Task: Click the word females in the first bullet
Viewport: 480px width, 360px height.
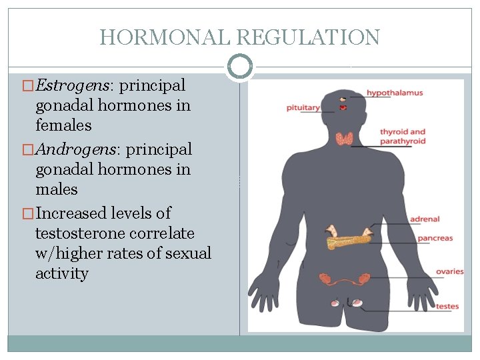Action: pos(63,125)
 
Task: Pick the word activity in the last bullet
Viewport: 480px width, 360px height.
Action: pos(62,273)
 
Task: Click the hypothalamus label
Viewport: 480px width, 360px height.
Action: pos(395,93)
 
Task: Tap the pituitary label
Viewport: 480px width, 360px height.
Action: pos(304,107)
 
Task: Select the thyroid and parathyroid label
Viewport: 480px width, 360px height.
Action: pos(403,136)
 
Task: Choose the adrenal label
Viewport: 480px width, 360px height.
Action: pos(425,219)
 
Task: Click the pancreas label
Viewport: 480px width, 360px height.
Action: pos(435,238)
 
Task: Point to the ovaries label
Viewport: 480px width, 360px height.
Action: pos(450,271)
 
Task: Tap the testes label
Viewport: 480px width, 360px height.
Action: pos(447,307)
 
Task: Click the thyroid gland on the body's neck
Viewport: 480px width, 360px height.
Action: pos(344,139)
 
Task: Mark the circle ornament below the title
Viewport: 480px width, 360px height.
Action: pos(239,66)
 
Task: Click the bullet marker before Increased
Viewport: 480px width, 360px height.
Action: pos(29,214)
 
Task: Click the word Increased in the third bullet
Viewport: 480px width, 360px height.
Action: pos(69,213)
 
